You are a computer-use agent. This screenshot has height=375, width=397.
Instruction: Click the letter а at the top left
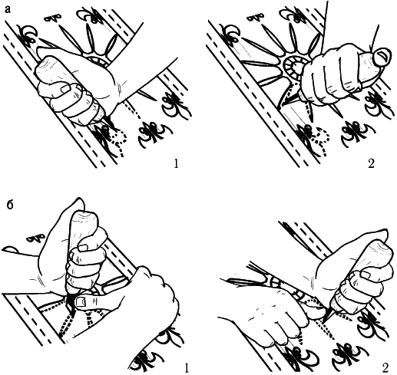coord(8,9)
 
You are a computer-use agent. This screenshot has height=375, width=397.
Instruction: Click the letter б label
coord(10,205)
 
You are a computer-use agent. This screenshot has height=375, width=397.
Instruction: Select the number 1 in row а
coord(176,163)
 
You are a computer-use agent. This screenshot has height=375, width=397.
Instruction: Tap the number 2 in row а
coord(371,163)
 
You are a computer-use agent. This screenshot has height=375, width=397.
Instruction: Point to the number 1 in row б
coord(187,367)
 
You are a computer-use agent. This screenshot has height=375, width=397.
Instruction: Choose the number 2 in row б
coord(385,367)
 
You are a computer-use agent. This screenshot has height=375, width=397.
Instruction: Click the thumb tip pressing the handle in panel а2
coord(382,57)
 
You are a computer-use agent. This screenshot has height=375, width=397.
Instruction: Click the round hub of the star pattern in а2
coord(295,67)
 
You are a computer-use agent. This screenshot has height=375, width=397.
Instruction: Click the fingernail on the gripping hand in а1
coord(66,89)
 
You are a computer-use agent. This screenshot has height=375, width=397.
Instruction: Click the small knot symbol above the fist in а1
coord(54,18)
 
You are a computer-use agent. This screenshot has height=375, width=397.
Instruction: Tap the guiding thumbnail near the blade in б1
coord(81,302)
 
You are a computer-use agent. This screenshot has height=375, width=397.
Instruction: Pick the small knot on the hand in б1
coord(37,238)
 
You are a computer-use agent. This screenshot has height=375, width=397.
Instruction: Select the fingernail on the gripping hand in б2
coord(366,275)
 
